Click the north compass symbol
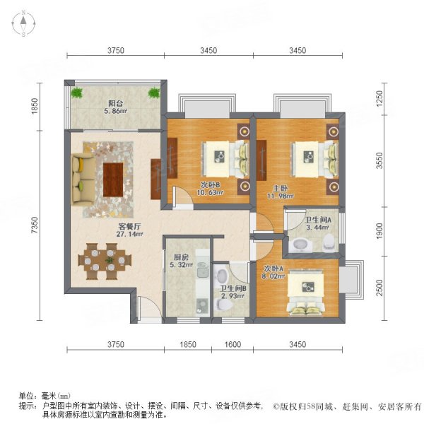[23, 25]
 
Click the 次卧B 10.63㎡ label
[209, 191]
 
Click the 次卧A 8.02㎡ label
[274, 272]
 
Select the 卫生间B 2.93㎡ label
[232, 293]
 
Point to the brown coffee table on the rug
[114, 179]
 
